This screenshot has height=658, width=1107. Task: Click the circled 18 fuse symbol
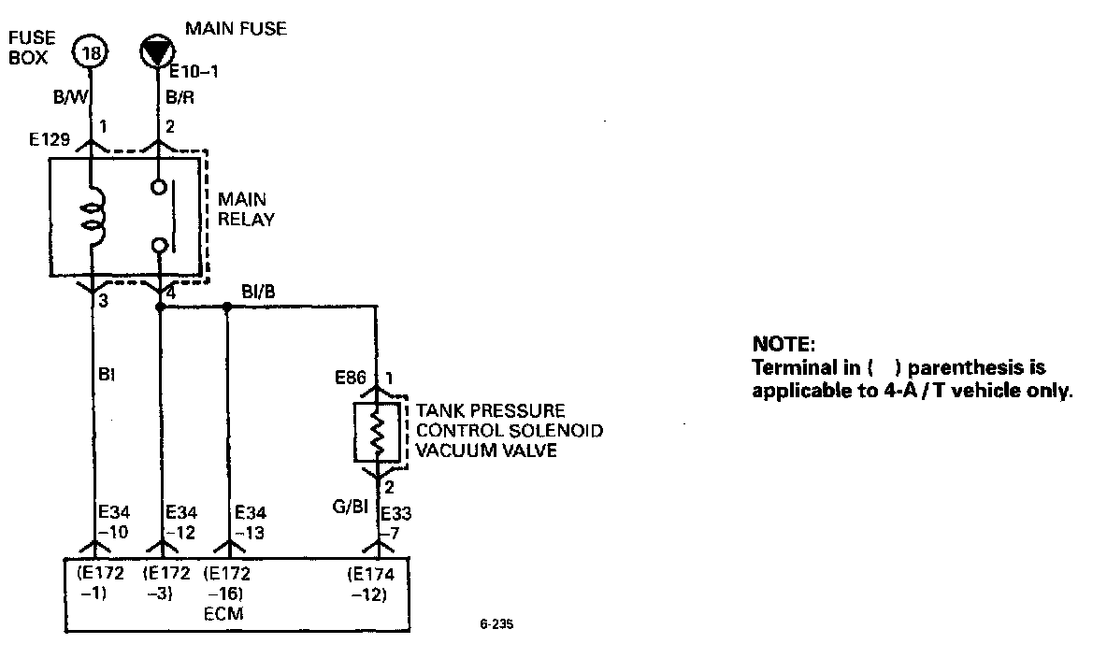pos(91,52)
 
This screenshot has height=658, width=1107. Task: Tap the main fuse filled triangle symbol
pos(156,51)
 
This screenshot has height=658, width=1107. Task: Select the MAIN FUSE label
pos(236,29)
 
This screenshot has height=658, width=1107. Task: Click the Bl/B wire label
pos(259,292)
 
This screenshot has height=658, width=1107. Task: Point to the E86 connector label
pos(351,379)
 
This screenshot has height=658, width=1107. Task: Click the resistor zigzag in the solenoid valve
pos(379,433)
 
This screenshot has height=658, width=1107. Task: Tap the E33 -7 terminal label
pos(397,522)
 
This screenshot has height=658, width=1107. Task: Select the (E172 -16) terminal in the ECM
pos(226,584)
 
